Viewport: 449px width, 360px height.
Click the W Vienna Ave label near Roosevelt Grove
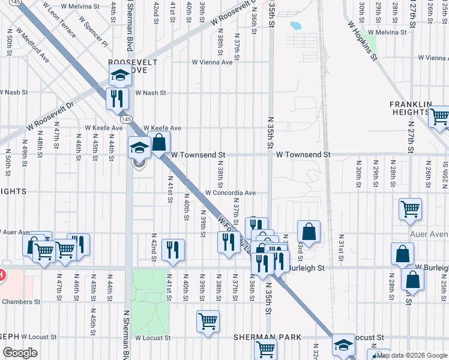coord(212,62)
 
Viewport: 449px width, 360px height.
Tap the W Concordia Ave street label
coord(231,193)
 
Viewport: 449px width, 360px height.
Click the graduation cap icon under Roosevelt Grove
coord(120,76)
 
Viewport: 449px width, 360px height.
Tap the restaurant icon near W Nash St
coord(116,97)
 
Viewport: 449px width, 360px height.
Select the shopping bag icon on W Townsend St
coord(159,143)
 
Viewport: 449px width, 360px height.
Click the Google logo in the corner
coord(19,353)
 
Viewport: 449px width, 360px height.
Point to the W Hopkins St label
coord(362,41)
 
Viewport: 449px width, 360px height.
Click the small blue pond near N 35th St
coord(295,26)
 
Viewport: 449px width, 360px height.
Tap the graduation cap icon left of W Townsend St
coord(139,147)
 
